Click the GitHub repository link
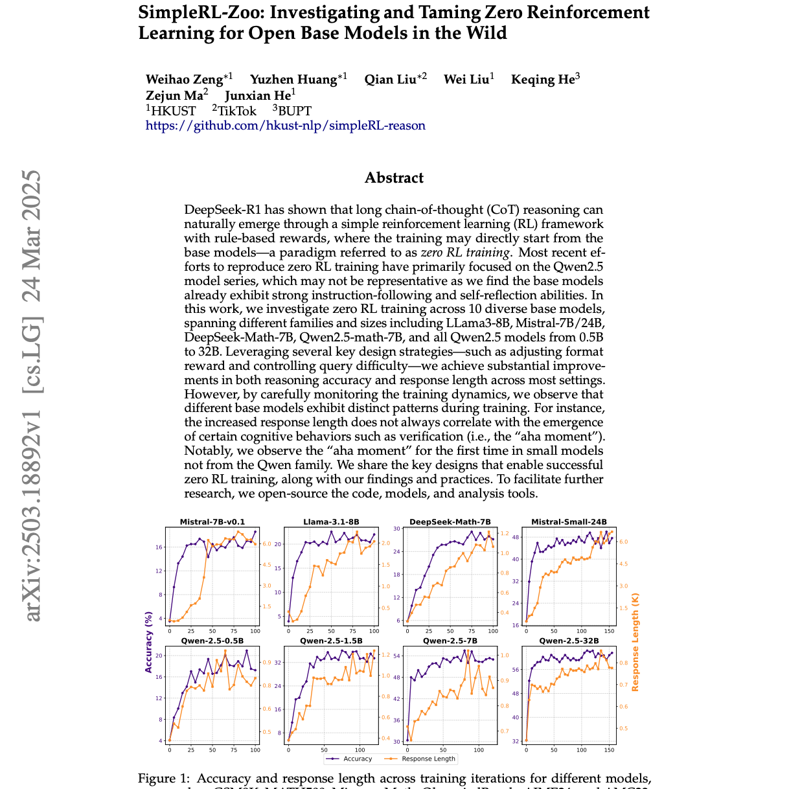coord(285,126)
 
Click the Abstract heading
coord(394,178)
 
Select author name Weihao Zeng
coord(184,80)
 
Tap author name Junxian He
coord(257,96)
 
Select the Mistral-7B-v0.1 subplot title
coord(212,522)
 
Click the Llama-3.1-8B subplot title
coord(331,522)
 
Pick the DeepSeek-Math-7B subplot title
coord(450,522)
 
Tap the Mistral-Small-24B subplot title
coord(569,522)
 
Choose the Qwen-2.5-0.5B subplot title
coord(212,641)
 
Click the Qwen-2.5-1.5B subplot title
coord(331,641)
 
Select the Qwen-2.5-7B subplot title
coord(450,641)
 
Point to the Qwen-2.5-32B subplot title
coord(569,641)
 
